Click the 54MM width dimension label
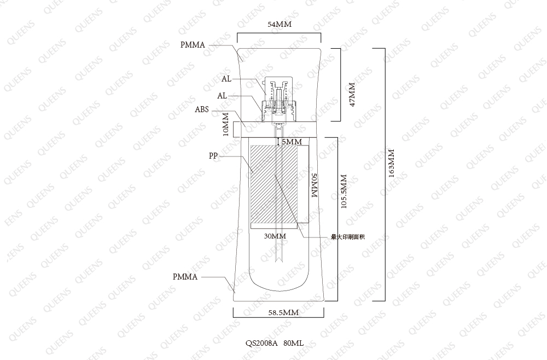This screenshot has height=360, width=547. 280,24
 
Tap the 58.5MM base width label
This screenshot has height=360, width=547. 283,312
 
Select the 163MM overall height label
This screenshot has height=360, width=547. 392,164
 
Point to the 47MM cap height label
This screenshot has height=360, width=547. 352,95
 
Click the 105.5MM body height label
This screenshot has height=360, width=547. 344,191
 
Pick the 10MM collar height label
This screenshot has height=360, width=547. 226,124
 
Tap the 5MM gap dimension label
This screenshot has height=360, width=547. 292,142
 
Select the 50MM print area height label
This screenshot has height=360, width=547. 314,185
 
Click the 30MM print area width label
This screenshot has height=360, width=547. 275,236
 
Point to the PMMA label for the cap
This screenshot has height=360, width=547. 193,45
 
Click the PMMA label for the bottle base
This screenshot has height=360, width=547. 185,277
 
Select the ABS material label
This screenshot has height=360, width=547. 202,109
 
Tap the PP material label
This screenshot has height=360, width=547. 213,155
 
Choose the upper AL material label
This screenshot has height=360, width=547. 226,79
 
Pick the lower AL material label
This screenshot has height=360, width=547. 222,96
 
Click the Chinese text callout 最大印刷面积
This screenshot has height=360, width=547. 348,237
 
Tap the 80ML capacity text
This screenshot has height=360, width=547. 293,343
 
